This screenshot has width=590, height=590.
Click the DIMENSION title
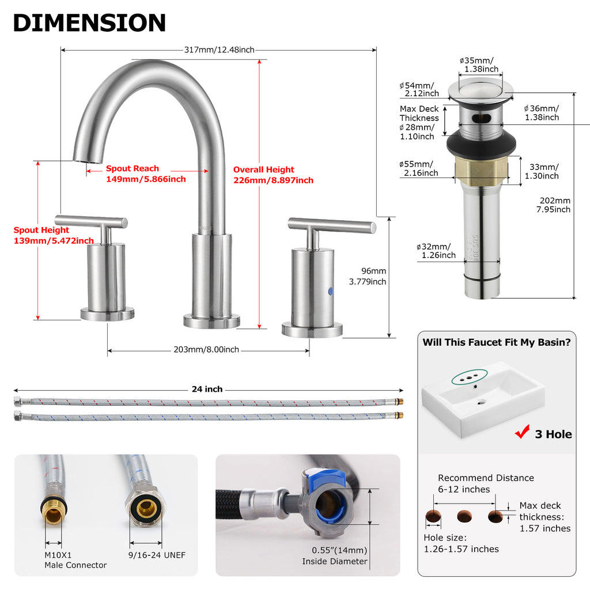tap(89, 22)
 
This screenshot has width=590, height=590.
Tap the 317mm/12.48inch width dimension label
tap(220, 50)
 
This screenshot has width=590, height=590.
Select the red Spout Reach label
tap(146, 173)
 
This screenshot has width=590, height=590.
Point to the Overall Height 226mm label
tap(273, 175)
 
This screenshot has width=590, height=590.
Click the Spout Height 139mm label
tap(54, 235)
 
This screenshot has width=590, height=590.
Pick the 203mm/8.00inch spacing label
tap(206, 350)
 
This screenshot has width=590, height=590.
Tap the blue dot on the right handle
tap(330, 291)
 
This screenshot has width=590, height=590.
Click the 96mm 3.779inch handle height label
tap(368, 276)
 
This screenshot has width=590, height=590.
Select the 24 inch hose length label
tap(207, 389)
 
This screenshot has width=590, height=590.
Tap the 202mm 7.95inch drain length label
tap(553, 205)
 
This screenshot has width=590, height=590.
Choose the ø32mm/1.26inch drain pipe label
tap(436, 251)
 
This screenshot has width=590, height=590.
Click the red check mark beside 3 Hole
tap(522, 432)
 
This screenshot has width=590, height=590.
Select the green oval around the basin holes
tap(470, 377)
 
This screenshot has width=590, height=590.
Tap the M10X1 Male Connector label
tap(75, 560)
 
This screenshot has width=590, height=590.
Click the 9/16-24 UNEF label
tap(157, 555)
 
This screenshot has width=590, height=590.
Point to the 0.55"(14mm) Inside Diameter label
tap(335, 556)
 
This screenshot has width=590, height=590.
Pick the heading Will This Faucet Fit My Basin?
tap(497, 342)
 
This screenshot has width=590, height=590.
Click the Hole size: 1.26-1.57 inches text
tap(462, 543)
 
